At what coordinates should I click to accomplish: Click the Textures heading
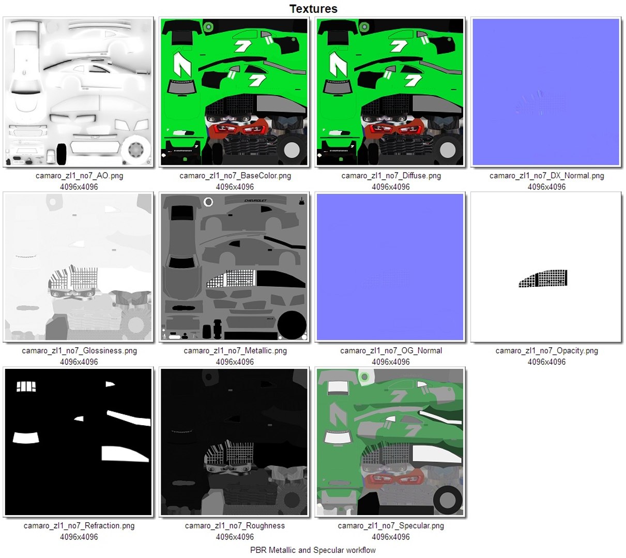[313, 9]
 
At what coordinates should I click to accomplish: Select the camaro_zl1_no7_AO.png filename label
[79, 176]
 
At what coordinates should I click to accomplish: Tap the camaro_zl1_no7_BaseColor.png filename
[235, 176]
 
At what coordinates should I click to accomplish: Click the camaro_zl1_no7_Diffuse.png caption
[391, 176]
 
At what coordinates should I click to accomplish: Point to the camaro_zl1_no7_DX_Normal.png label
[546, 176]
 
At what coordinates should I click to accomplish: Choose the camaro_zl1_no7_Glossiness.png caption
[79, 351]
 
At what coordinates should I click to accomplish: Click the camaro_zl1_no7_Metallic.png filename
[235, 351]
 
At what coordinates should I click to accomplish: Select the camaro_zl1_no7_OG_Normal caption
[391, 351]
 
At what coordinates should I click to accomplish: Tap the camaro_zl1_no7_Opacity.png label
[546, 351]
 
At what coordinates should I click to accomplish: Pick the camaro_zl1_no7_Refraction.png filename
[79, 525]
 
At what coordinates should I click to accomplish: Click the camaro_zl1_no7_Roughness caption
[235, 525]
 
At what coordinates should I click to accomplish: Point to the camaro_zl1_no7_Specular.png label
[391, 525]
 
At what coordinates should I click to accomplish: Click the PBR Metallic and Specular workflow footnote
[313, 550]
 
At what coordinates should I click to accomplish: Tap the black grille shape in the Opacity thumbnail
[544, 278]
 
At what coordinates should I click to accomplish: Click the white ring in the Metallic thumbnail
[208, 202]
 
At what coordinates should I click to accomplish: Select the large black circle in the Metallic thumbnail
[292, 325]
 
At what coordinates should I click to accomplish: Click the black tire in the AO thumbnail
[62, 154]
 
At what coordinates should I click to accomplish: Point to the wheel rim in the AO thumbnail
[136, 149]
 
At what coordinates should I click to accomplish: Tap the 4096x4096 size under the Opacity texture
[546, 362]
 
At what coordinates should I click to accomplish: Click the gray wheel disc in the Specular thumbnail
[447, 500]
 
